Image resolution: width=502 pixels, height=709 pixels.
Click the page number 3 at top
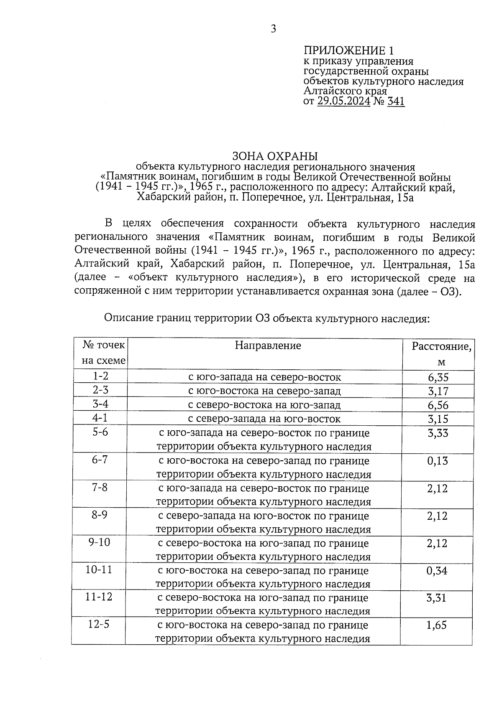pyautogui.click(x=273, y=29)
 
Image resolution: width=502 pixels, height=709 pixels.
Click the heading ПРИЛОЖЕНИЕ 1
pyautogui.click(x=348, y=51)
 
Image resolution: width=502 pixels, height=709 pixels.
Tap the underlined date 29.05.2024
pyautogui.click(x=343, y=101)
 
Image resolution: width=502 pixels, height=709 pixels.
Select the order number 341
pyautogui.click(x=396, y=101)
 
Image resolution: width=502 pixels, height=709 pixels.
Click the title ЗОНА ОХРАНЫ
pyautogui.click(x=275, y=156)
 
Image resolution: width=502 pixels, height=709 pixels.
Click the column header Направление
pyautogui.click(x=268, y=346)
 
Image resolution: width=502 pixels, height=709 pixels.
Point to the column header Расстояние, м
pyautogui.click(x=441, y=353)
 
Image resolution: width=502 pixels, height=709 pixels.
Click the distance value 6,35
pyautogui.click(x=438, y=377)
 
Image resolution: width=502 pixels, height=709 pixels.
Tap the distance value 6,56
pyautogui.click(x=438, y=405)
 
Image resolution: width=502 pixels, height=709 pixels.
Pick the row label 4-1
pyautogui.click(x=100, y=418)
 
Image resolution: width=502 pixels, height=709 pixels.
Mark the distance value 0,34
pyautogui.click(x=437, y=571)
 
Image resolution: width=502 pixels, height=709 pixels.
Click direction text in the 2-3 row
pyautogui.click(x=264, y=391)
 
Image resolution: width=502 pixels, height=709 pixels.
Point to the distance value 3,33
pyautogui.click(x=438, y=433)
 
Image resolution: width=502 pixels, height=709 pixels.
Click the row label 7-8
pyautogui.click(x=100, y=488)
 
